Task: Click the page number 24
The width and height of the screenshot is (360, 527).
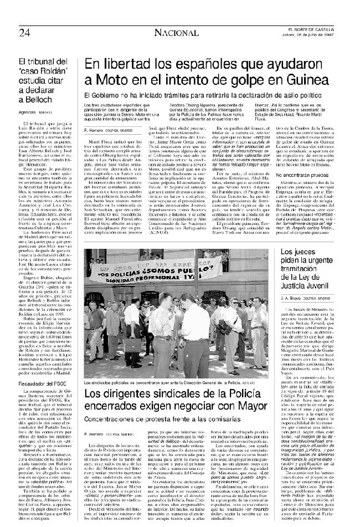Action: [x=24, y=32]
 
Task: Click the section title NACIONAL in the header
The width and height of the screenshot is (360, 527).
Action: [x=176, y=33]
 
